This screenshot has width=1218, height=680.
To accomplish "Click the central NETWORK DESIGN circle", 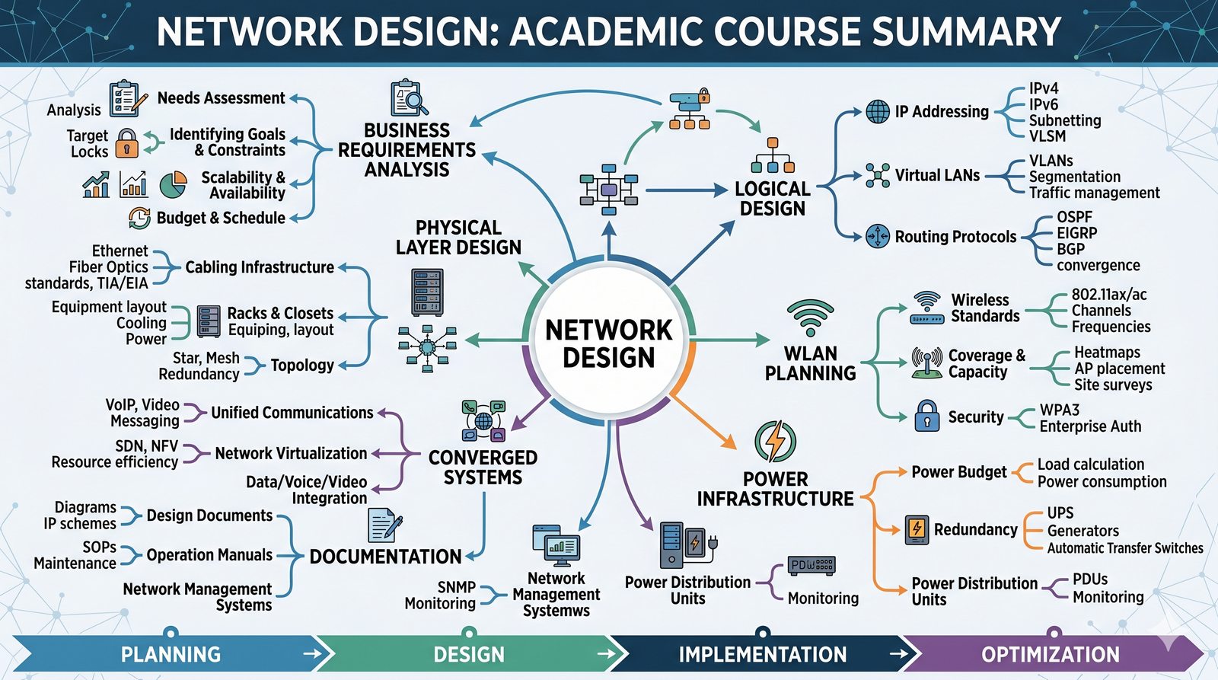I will coord(608,343).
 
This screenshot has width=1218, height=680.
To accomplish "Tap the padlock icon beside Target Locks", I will coord(126,142).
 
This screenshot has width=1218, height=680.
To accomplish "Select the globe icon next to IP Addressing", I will coord(878,111).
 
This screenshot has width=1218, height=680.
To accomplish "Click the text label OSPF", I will coord(1074,217).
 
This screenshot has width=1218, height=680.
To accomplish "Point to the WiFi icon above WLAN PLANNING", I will coord(810,317).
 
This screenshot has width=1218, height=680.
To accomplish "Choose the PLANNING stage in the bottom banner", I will coord(171,654).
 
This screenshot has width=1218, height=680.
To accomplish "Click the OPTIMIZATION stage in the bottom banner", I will coord(1050,654).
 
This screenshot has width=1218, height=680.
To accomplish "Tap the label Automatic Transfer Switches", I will coord(1124,548).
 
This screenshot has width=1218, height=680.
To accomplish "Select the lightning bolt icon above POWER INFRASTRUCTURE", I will coord(775,441).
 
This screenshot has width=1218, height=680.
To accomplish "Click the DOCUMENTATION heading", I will coord(385,557).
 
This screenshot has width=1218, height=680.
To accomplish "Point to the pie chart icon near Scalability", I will coord(174,184).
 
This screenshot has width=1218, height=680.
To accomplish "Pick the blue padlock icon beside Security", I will coord(926,416).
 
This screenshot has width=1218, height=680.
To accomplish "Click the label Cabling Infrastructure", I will coord(260,267).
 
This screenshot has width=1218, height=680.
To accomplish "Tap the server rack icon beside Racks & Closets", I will coord(208,321).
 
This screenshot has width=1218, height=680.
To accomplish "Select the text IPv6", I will coord(1044,104).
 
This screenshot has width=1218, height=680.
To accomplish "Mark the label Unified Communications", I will coord(292,413).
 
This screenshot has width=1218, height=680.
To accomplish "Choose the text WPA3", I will coord(1060,410).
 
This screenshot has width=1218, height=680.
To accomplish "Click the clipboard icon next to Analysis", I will coord(125,99).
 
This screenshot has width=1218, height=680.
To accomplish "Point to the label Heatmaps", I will coord(1107,353).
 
